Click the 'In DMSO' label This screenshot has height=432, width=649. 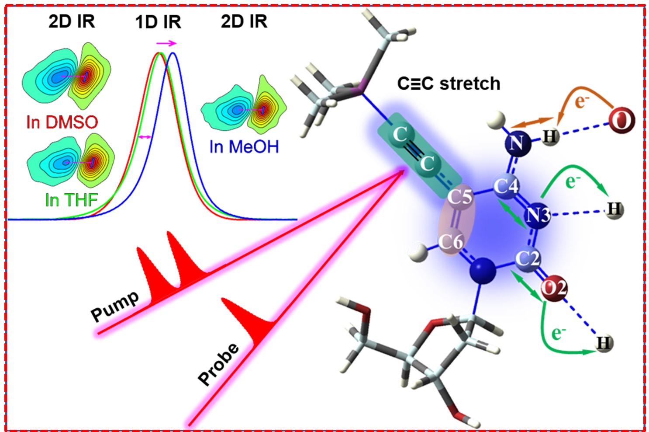[62, 122]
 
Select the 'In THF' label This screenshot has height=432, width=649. [71, 200]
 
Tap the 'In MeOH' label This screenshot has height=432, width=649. [244, 147]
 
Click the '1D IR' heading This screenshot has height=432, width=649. [158, 22]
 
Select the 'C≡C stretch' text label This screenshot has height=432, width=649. [449, 84]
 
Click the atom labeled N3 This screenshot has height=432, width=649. [538, 215]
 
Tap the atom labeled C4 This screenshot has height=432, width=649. [506, 186]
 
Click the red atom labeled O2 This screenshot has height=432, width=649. [554, 289]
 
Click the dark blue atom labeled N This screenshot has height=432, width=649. [518, 143]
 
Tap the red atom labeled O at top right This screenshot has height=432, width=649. [621, 120]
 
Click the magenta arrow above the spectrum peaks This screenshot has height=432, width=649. [166, 43]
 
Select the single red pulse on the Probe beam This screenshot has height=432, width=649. [249, 321]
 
